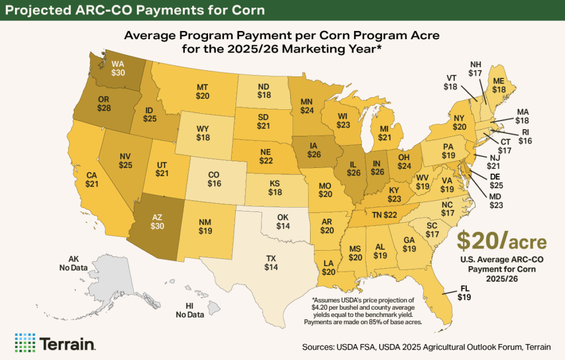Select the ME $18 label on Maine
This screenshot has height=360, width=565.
(x=499, y=86)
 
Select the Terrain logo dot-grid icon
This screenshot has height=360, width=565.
(x=25, y=342)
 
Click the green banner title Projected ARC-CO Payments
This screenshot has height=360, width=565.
(x=132, y=10)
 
